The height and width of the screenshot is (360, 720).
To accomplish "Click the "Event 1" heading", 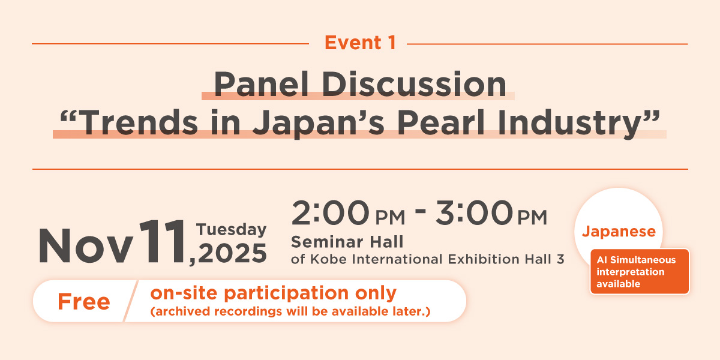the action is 361,43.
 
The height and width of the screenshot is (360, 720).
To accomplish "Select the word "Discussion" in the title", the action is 414,84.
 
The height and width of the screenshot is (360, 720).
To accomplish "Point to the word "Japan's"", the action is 319,124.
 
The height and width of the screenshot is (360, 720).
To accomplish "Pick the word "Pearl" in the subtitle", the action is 440,122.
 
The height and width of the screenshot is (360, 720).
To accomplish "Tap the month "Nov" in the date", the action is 86,246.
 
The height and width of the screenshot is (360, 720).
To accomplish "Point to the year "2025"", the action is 233,253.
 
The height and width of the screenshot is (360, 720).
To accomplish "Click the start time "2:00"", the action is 330,213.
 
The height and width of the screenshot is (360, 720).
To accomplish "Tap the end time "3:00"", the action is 474,213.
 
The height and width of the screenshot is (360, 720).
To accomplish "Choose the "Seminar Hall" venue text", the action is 347,242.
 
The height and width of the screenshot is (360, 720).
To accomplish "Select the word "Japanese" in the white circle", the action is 619,232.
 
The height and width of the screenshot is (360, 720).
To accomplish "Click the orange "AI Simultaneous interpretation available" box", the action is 640,272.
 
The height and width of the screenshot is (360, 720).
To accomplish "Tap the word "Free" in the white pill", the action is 84,302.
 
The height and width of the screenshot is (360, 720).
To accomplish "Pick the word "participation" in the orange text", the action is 286,294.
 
